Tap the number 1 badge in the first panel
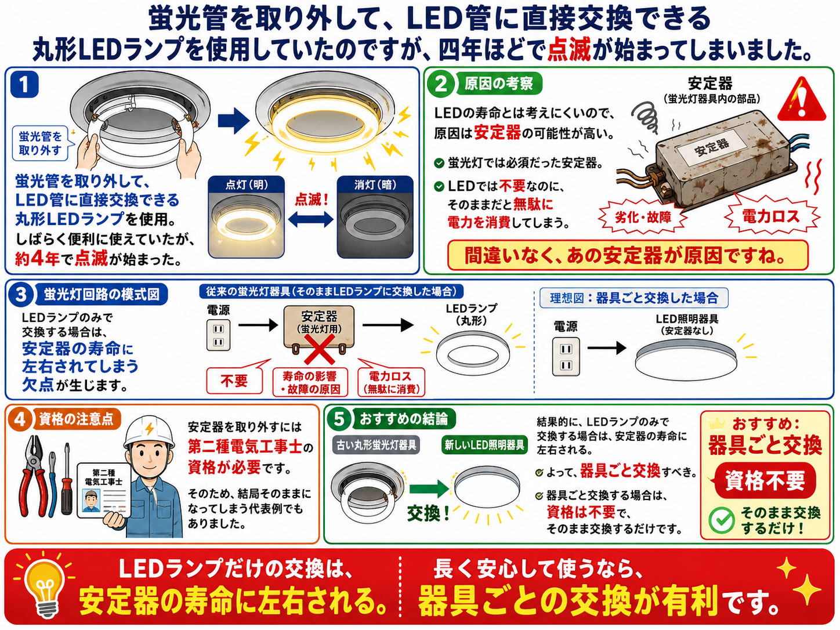[25, 84]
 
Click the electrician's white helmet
[149, 433]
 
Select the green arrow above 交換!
[429, 489]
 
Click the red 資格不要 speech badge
[764, 480]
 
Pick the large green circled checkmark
[721, 520]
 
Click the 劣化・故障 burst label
[643, 218]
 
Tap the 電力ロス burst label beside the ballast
[771, 216]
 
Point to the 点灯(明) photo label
[247, 185]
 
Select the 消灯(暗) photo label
[375, 185]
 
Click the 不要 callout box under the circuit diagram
[234, 380]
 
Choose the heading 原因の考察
[499, 84]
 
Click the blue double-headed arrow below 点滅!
[311, 219]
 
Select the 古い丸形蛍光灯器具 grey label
[376, 445]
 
